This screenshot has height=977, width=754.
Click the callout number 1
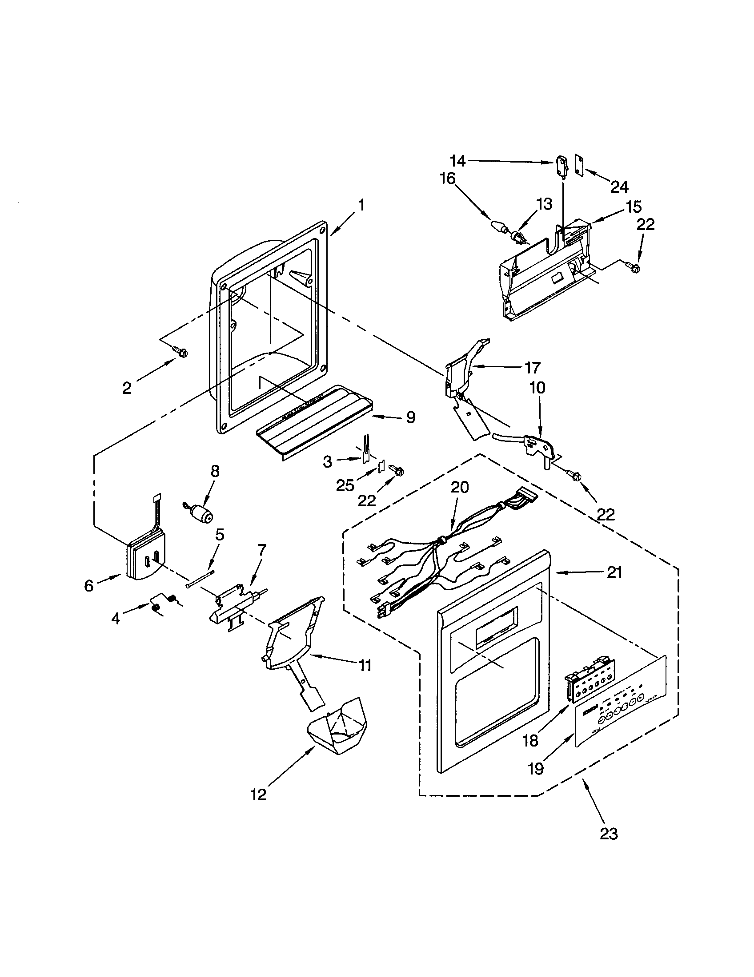tap(361, 205)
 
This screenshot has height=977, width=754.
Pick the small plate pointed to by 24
tap(579, 167)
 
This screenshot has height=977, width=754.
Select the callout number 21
tap(614, 572)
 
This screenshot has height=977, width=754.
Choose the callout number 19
tap(536, 769)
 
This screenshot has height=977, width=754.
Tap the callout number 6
tap(89, 586)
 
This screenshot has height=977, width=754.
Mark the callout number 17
tap(532, 368)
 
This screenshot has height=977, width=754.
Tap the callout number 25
tap(345, 485)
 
